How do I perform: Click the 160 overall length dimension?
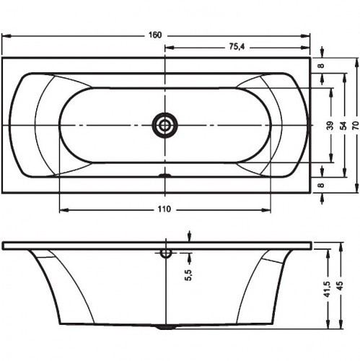(155, 35)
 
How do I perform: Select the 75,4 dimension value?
(237, 47)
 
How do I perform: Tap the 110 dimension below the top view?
(164, 209)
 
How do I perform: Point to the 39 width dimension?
(331, 126)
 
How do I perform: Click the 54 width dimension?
(344, 126)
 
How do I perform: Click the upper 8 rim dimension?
(322, 65)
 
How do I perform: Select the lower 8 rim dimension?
(322, 185)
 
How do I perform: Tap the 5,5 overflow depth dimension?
(189, 275)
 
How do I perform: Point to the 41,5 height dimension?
(328, 289)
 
